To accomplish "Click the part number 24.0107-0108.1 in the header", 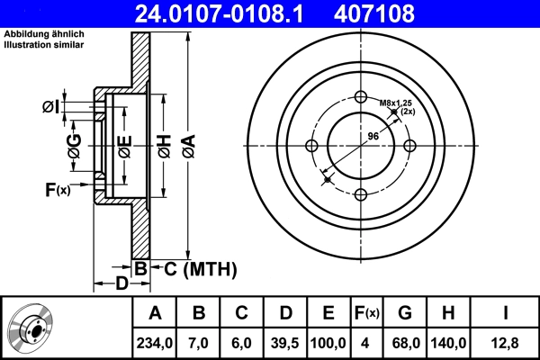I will coord(229,13).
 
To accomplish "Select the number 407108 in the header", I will coord(402,13).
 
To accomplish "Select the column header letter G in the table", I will coord(405,313).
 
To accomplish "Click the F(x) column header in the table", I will coord(366,313).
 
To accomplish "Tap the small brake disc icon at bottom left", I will coord(32,328).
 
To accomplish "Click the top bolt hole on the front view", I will coord(361,98).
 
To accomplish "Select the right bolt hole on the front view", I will coord(409,147).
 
